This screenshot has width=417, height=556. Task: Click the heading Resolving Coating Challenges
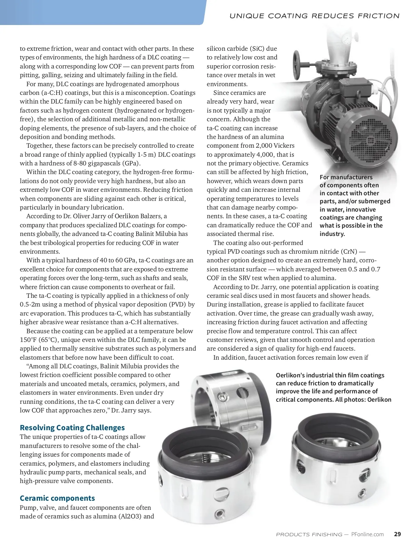(x=72, y=427)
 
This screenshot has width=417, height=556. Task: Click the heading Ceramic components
(x=57, y=498)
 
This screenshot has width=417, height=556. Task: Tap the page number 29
(x=397, y=534)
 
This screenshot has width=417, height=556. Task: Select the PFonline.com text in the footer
(x=367, y=534)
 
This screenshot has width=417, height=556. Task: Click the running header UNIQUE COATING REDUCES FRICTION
(x=314, y=16)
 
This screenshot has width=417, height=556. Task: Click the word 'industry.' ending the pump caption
(x=332, y=234)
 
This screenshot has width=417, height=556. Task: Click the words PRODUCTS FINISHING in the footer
(x=309, y=534)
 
